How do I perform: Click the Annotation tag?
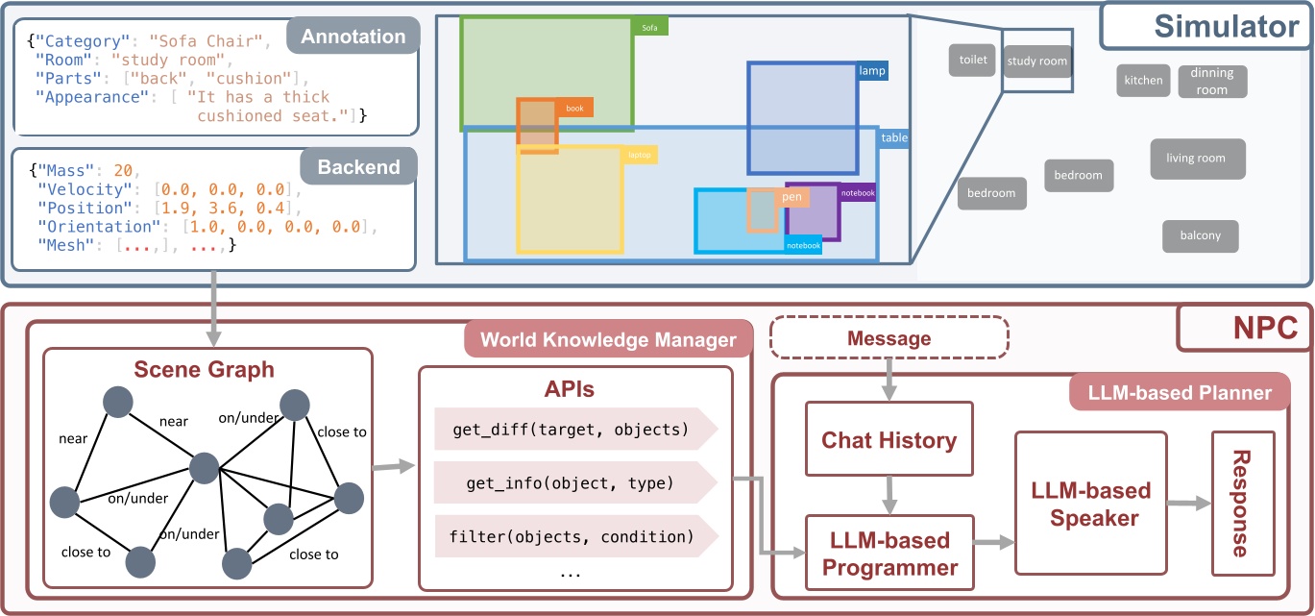pos(353,37)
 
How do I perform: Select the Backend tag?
pos(358,166)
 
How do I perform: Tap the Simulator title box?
pos(1200,26)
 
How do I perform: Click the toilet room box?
pos(972,60)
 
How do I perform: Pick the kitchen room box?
pos(1143,81)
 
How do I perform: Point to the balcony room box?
pos(1200,235)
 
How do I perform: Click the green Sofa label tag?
pos(650,28)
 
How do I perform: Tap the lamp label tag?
pos(872,71)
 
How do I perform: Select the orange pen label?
pos(792,197)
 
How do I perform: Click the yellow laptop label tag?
pos(641,154)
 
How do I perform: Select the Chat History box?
pos(889,440)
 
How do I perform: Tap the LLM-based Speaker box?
pos(1090,504)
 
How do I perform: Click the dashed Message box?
pos(889,338)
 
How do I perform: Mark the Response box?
pos(1242,503)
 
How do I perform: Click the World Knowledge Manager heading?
pos(607,339)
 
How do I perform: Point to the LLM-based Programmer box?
pos(889,553)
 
